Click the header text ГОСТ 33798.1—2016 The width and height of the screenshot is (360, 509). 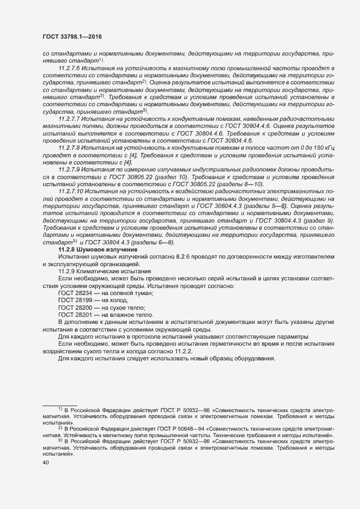coord(72,36)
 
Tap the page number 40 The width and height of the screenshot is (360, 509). coord(38,463)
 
